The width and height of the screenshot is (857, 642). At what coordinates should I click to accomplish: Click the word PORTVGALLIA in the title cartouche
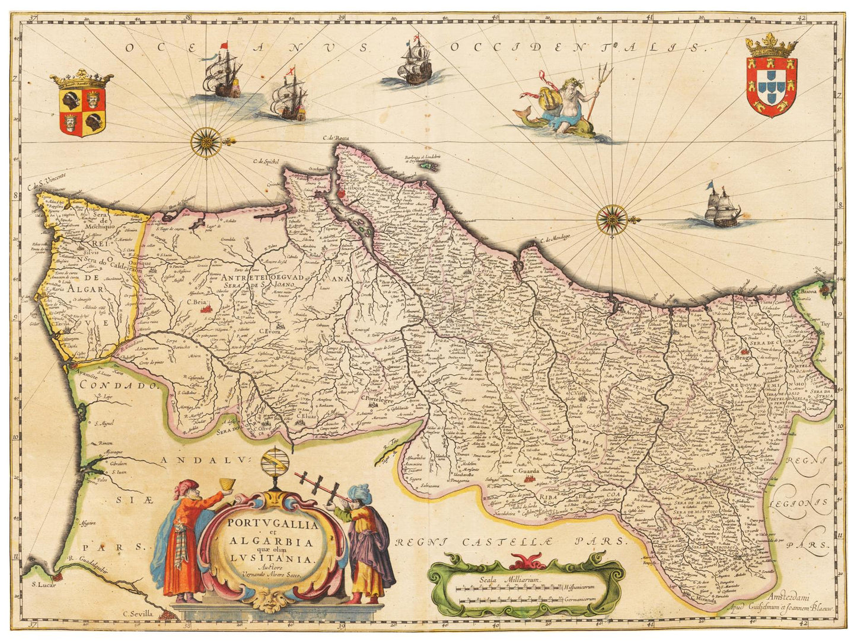[272, 524]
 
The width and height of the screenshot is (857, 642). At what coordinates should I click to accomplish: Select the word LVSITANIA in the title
[272, 558]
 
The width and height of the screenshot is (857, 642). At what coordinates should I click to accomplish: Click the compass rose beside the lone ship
[612, 219]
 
